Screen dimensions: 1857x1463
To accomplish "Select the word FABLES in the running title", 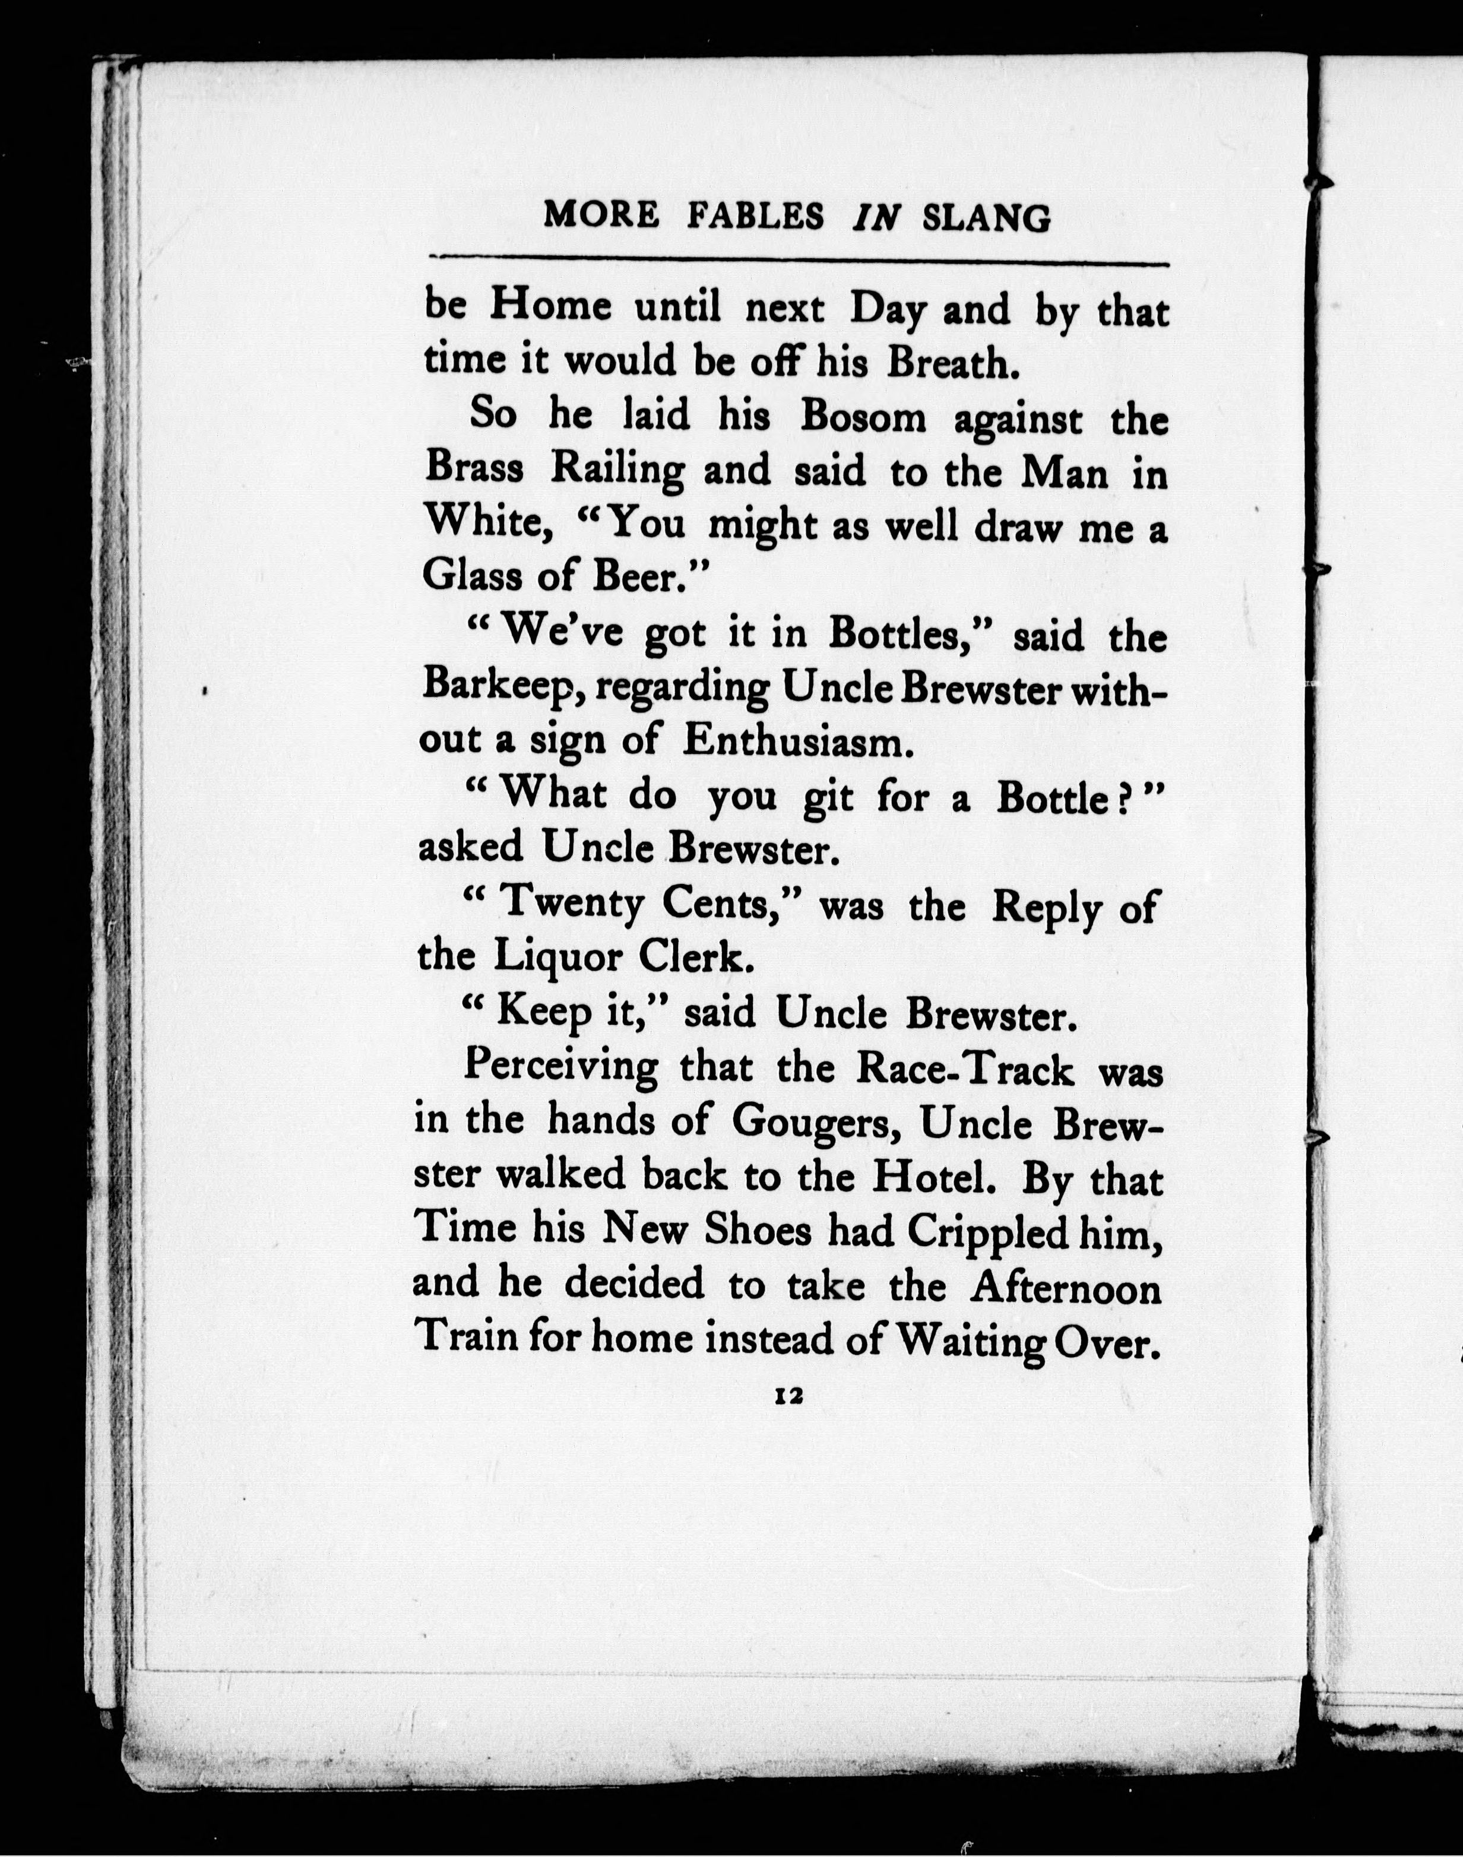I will (755, 216).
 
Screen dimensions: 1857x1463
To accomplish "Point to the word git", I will (828, 797).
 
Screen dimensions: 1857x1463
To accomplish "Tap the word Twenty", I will (571, 905).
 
